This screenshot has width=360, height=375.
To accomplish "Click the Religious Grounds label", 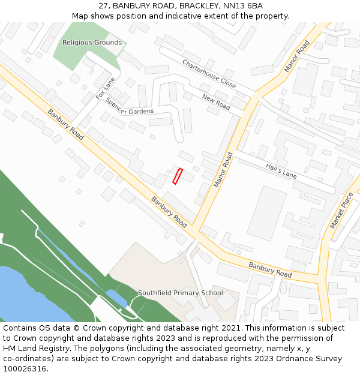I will (x=92, y=43).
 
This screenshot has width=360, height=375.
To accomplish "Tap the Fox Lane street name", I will (x=105, y=88).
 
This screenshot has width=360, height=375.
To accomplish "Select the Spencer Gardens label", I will (x=130, y=106).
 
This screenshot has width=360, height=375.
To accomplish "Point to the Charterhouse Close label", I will (x=209, y=74).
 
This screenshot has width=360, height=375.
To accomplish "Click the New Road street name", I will (x=216, y=102).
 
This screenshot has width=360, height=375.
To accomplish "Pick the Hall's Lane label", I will (x=281, y=171).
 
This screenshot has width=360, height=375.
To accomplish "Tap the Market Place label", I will (x=341, y=210).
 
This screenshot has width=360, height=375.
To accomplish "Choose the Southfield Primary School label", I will (x=180, y=293).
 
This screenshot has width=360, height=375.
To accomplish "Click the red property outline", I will (x=178, y=176).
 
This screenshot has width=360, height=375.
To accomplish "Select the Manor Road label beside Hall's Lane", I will (x=223, y=169).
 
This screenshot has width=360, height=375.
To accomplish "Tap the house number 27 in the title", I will (x=104, y=6).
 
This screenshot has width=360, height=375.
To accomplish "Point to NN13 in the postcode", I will (x=227, y=6).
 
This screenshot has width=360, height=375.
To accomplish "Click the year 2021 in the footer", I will (x=230, y=328).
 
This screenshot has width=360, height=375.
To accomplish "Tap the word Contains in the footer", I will (x=21, y=328).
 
